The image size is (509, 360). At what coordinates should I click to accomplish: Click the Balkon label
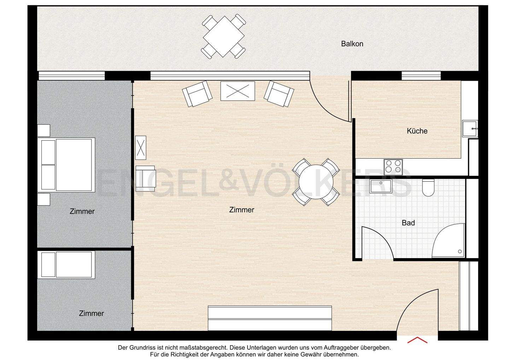coord(352,44)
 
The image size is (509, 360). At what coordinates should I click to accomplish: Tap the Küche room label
coord(417,131)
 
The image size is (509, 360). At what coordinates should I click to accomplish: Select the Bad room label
coord(408,223)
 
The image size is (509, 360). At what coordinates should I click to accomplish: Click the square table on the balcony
coord(224,36)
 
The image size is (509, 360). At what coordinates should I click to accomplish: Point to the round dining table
coord(315,182)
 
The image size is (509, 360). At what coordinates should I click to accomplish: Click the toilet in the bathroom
coord(428,188)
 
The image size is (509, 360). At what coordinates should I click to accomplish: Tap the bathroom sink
coord(380,186)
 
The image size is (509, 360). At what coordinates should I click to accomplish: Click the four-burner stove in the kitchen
coord(393,166)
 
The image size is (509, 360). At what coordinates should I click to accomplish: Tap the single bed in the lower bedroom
coord(66,265)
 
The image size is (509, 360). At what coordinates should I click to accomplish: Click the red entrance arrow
coord(417,340)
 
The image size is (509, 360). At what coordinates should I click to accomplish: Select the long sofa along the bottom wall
coord(270,318)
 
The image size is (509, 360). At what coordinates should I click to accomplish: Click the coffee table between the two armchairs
coord(238,91)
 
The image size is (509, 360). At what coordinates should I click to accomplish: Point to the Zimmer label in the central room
coord(241,210)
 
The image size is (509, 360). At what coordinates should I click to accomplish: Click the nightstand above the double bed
coord(44,130)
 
